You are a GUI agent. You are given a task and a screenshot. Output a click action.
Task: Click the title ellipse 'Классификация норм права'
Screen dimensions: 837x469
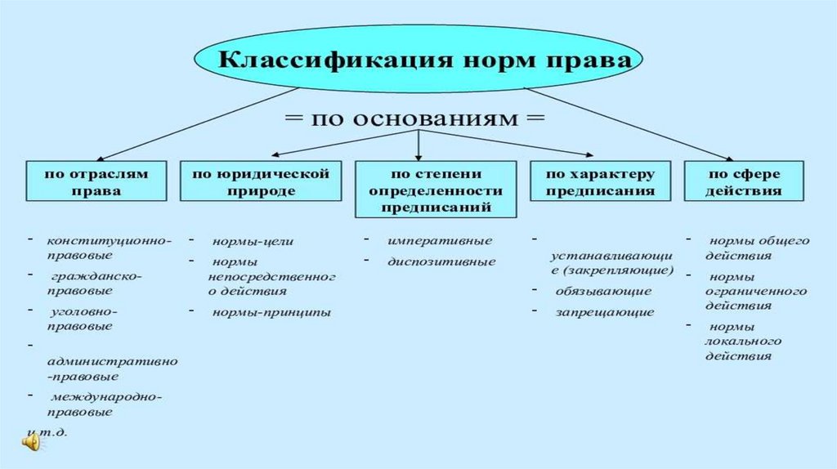coord(418,59)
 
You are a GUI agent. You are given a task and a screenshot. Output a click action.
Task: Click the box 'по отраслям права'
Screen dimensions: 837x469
coord(96,181)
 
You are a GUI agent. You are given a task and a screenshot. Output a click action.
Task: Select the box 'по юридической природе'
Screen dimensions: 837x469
coord(261,181)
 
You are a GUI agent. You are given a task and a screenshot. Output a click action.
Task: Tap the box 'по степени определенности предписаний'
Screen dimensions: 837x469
coord(436,190)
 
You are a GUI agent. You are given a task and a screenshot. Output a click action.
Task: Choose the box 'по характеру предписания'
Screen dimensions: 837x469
coord(600,181)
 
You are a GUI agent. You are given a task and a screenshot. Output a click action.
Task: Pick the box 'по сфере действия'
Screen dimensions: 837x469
coord(744,181)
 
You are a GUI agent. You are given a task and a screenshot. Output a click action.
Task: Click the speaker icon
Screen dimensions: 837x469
coord(31,442)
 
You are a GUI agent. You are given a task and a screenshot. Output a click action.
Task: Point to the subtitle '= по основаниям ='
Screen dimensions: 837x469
coord(414,118)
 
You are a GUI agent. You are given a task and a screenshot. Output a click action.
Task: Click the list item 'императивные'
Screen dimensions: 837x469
coord(440,241)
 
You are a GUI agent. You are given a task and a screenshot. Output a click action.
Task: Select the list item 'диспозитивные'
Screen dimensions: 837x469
coord(441,262)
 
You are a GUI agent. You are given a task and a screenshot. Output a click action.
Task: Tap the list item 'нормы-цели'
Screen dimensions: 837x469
coord(253,241)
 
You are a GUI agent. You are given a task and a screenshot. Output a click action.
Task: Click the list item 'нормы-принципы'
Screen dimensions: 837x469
coord(271,312)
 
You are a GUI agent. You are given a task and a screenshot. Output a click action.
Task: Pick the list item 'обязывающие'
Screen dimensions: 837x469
coord(603,292)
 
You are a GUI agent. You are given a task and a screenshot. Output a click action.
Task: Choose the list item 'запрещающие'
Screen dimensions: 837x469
coord(605,312)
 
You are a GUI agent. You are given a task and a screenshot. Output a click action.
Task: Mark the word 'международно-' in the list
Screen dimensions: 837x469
coord(106,397)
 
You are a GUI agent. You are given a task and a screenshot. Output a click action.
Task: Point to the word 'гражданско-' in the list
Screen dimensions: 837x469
coord(96,276)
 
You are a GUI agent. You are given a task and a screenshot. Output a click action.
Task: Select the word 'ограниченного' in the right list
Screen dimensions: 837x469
coord(756,292)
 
